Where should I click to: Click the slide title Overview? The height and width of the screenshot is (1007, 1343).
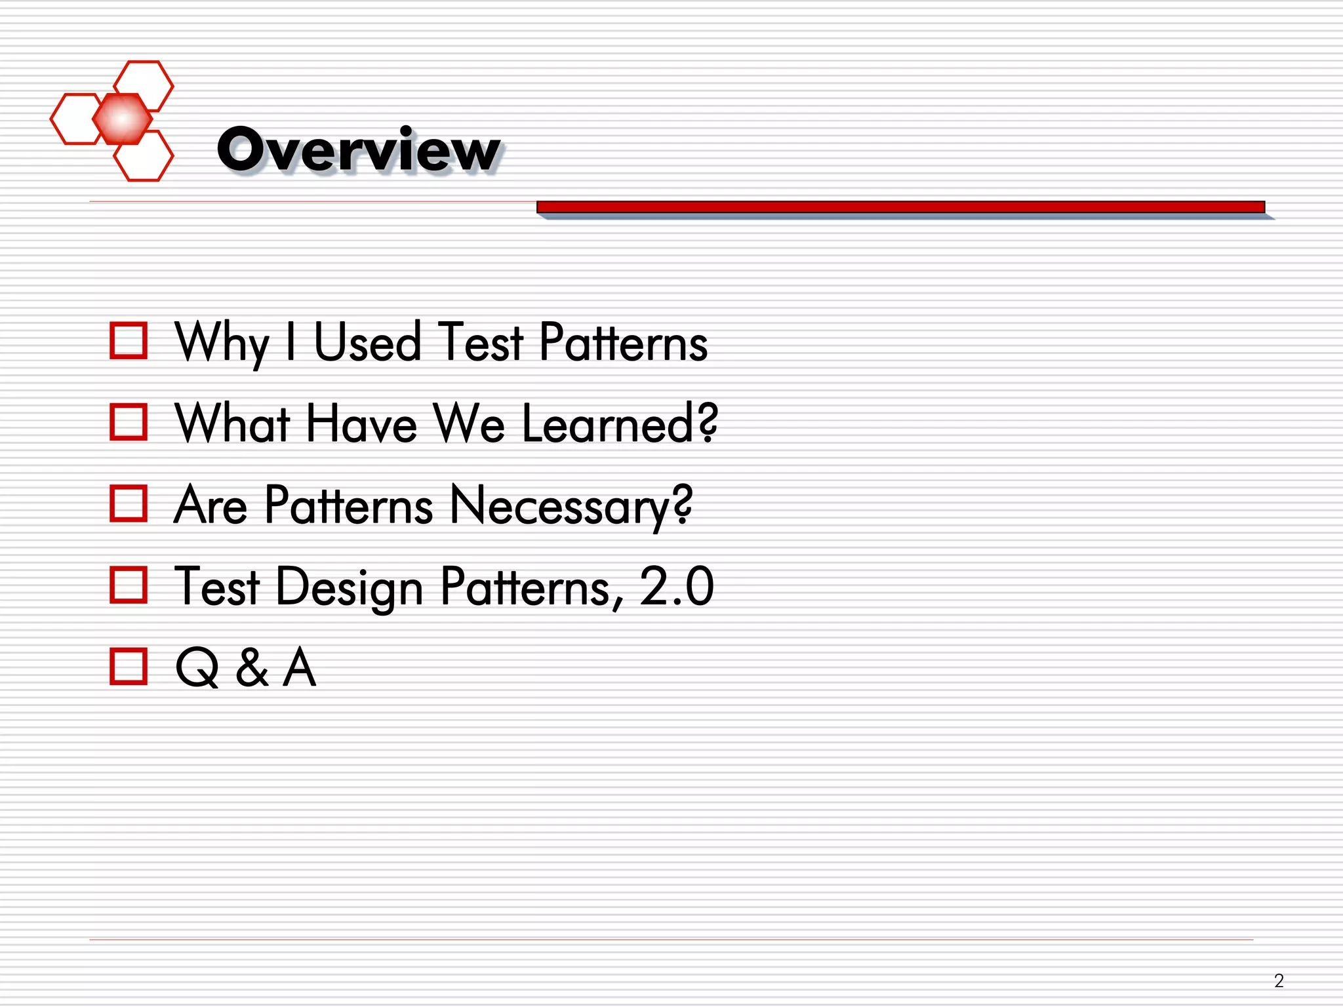(358, 150)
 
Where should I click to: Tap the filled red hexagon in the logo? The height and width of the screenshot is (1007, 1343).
(122, 119)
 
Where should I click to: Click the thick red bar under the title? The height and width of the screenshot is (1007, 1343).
(900, 207)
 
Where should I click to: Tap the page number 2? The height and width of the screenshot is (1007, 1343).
(1278, 980)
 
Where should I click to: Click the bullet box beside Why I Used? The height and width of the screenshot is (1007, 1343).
(129, 341)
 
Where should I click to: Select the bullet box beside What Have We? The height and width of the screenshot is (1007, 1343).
(129, 422)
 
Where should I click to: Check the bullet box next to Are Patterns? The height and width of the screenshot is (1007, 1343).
(129, 503)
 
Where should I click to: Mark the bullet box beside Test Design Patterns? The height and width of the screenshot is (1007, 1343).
(129, 585)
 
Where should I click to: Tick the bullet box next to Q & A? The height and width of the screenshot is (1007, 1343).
(129, 666)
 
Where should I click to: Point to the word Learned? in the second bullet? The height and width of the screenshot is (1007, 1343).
(620, 424)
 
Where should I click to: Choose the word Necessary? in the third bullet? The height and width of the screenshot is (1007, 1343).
(571, 506)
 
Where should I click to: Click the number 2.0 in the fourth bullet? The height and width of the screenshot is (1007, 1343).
(676, 586)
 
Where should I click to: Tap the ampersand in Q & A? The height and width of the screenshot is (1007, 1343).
(252, 667)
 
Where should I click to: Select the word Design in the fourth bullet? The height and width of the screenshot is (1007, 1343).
(350, 587)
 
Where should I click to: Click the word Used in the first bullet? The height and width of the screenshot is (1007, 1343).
(367, 342)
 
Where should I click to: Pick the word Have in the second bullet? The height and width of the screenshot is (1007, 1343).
(361, 424)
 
